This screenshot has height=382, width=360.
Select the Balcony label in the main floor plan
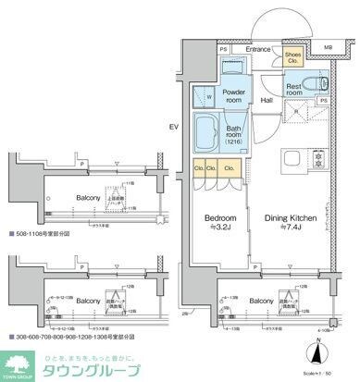(x=260, y=301)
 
